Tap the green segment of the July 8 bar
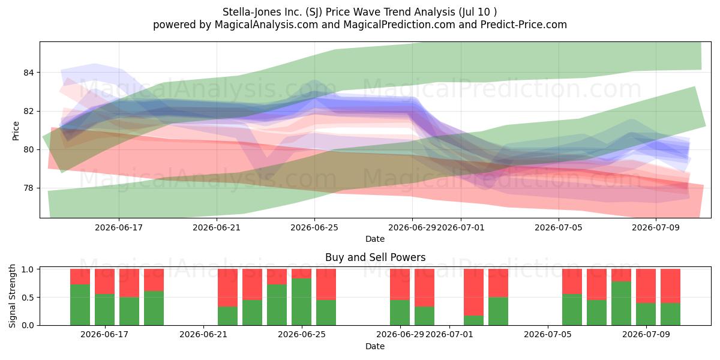(x=622, y=303)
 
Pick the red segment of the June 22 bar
(x=228, y=287)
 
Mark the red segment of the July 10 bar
(x=671, y=286)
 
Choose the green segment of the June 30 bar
(x=425, y=316)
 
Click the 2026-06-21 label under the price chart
(x=217, y=227)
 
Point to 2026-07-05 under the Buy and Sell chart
(x=548, y=335)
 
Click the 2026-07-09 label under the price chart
(x=656, y=227)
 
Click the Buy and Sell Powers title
(x=376, y=257)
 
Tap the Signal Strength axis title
(x=12, y=296)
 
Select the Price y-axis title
(x=16, y=131)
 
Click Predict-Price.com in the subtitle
(x=524, y=25)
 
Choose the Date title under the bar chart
(x=375, y=346)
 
